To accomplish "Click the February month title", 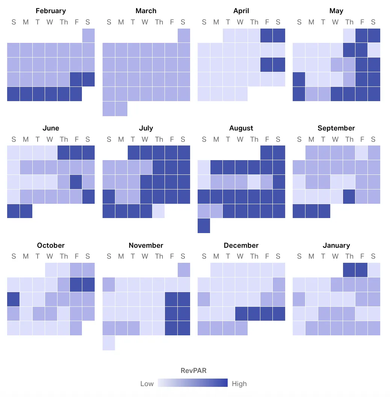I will [51, 11].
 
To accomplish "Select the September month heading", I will [336, 128].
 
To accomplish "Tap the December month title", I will [241, 245].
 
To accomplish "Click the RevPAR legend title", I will [193, 371].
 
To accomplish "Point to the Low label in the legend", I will [147, 384].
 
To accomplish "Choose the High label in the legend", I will [239, 384].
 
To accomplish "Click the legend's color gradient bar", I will [193, 383].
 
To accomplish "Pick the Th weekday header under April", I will [254, 22].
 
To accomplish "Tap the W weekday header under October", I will [50, 257].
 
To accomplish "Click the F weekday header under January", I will [362, 257].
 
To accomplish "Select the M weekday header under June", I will [26, 139].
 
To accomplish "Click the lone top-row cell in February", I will [88, 35].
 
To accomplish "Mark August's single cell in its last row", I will [204, 226].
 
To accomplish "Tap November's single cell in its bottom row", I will [109, 343].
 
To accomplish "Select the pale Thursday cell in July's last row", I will [159, 211].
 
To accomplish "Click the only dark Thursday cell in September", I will [349, 196].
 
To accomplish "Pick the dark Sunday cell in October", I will [13, 299].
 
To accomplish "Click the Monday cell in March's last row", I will [121, 109].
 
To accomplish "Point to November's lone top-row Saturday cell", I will [184, 270].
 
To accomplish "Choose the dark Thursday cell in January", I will [349, 270].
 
